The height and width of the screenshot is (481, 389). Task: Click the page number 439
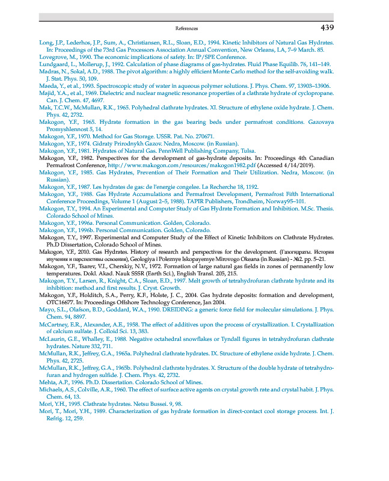[x=327, y=28]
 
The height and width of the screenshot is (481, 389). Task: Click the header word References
[x=186, y=28]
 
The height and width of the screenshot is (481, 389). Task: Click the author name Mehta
[x=47, y=382]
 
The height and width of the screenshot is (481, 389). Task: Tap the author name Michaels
[x=52, y=389]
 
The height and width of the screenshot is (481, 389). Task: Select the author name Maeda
[x=47, y=87]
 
